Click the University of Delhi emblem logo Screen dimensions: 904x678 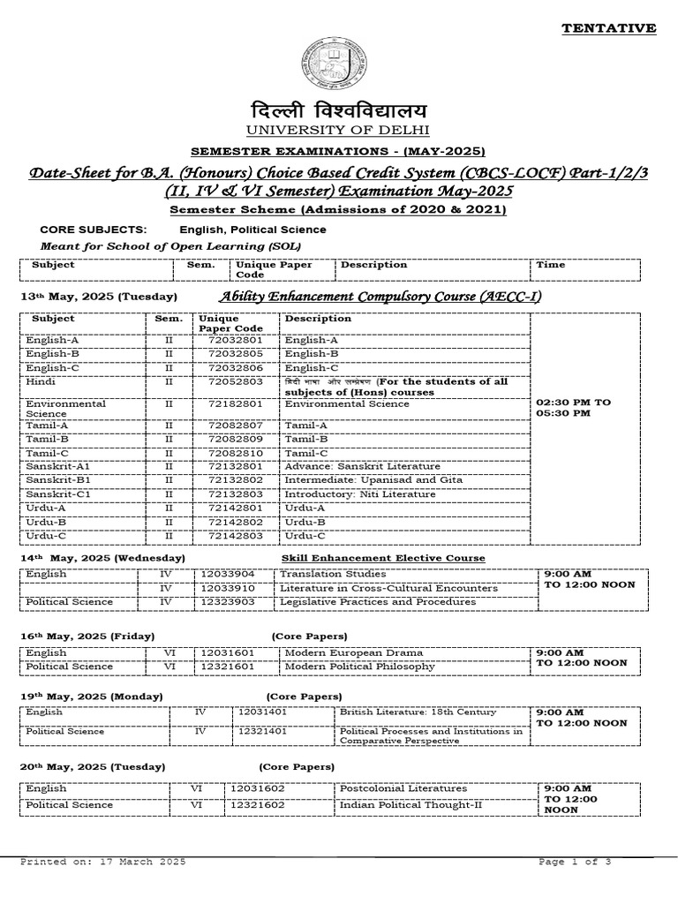tap(339, 67)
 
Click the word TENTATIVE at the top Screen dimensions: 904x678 tap(609, 28)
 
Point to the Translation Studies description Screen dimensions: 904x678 tap(329, 573)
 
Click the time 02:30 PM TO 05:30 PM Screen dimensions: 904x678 tap(574, 407)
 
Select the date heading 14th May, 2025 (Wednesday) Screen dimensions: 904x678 tap(102, 558)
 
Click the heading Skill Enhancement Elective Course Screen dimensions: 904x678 tap(383, 558)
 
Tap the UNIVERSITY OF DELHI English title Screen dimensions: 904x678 tap(338, 132)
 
